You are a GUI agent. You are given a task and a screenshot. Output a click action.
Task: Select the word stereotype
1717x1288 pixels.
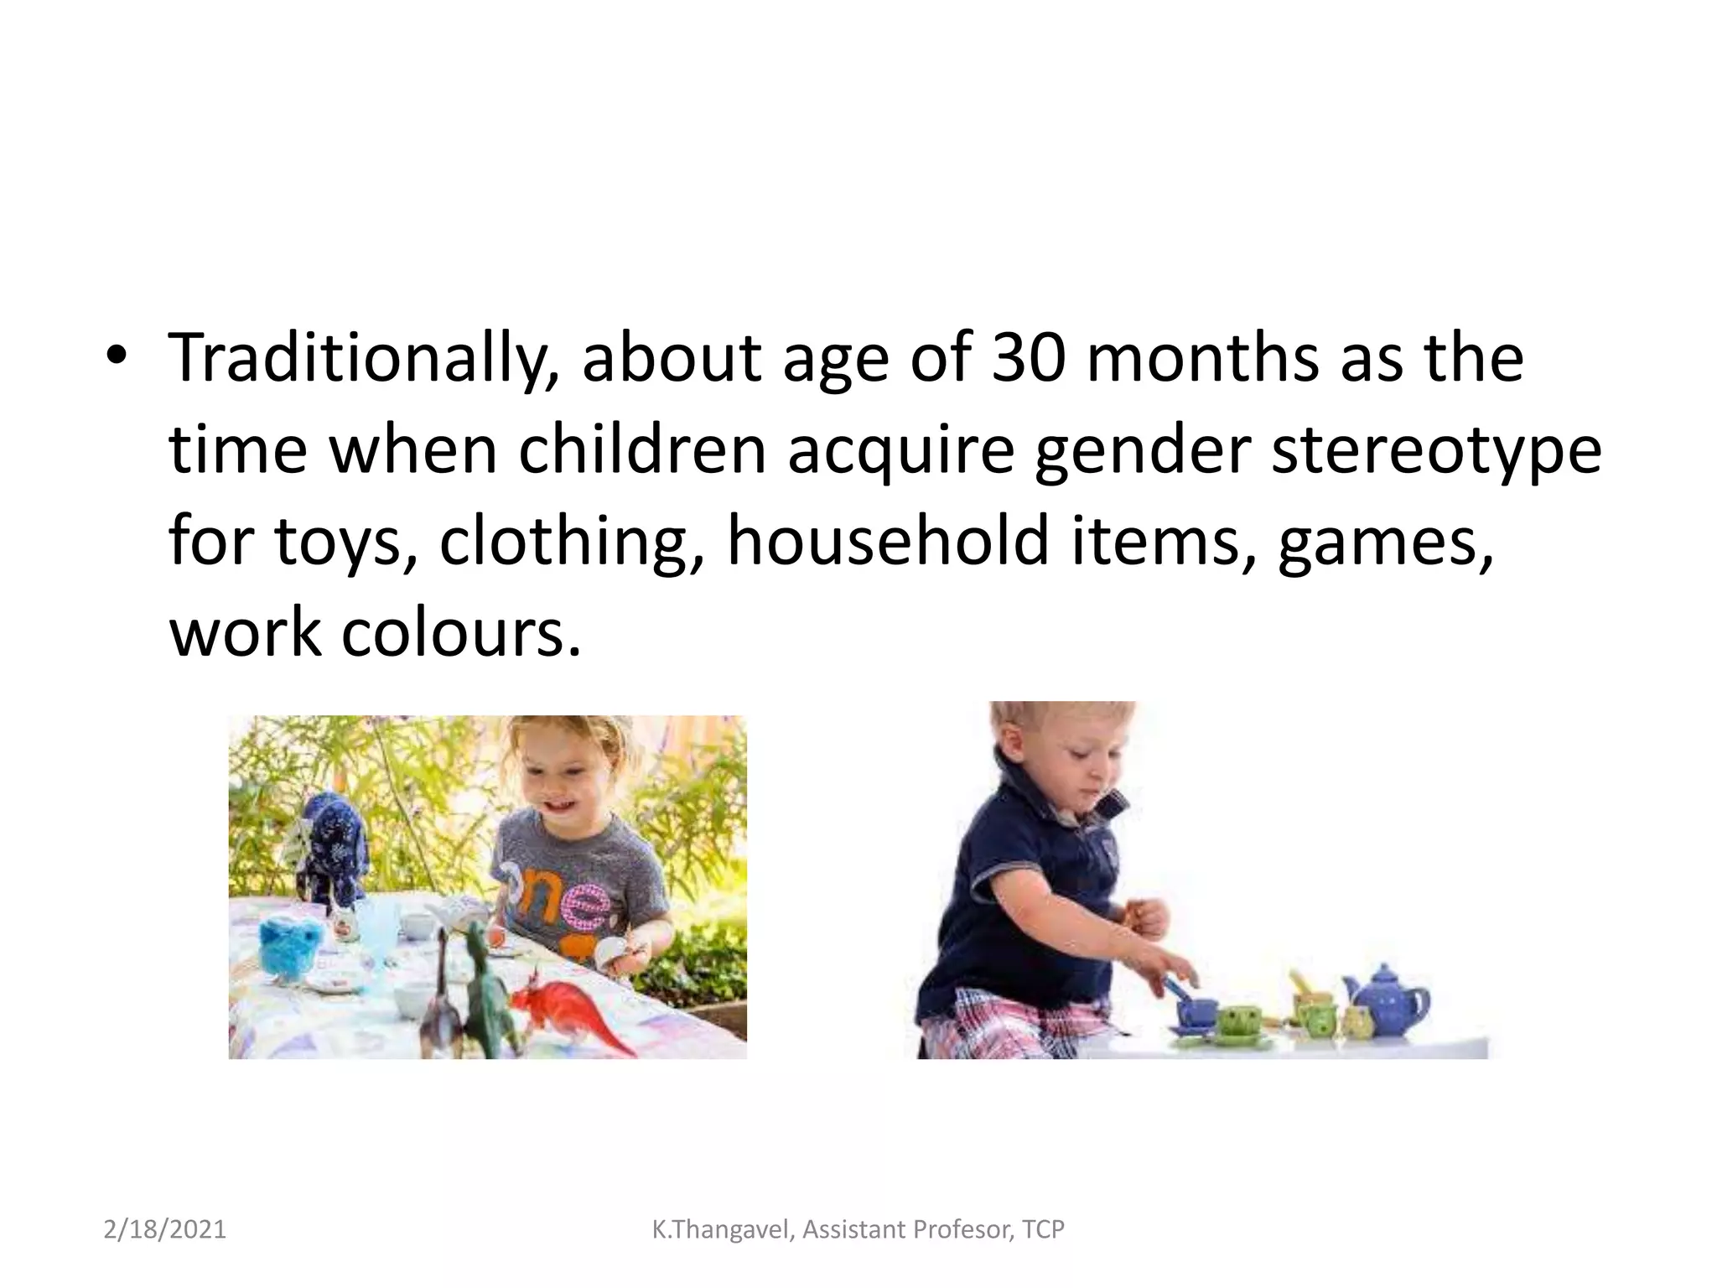1436,450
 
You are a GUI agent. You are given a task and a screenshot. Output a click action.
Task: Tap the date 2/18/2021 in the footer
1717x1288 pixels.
165,1230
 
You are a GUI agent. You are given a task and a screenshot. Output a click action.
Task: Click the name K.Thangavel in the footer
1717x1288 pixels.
721,1230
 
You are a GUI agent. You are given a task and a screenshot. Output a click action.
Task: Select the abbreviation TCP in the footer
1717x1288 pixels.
1043,1230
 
